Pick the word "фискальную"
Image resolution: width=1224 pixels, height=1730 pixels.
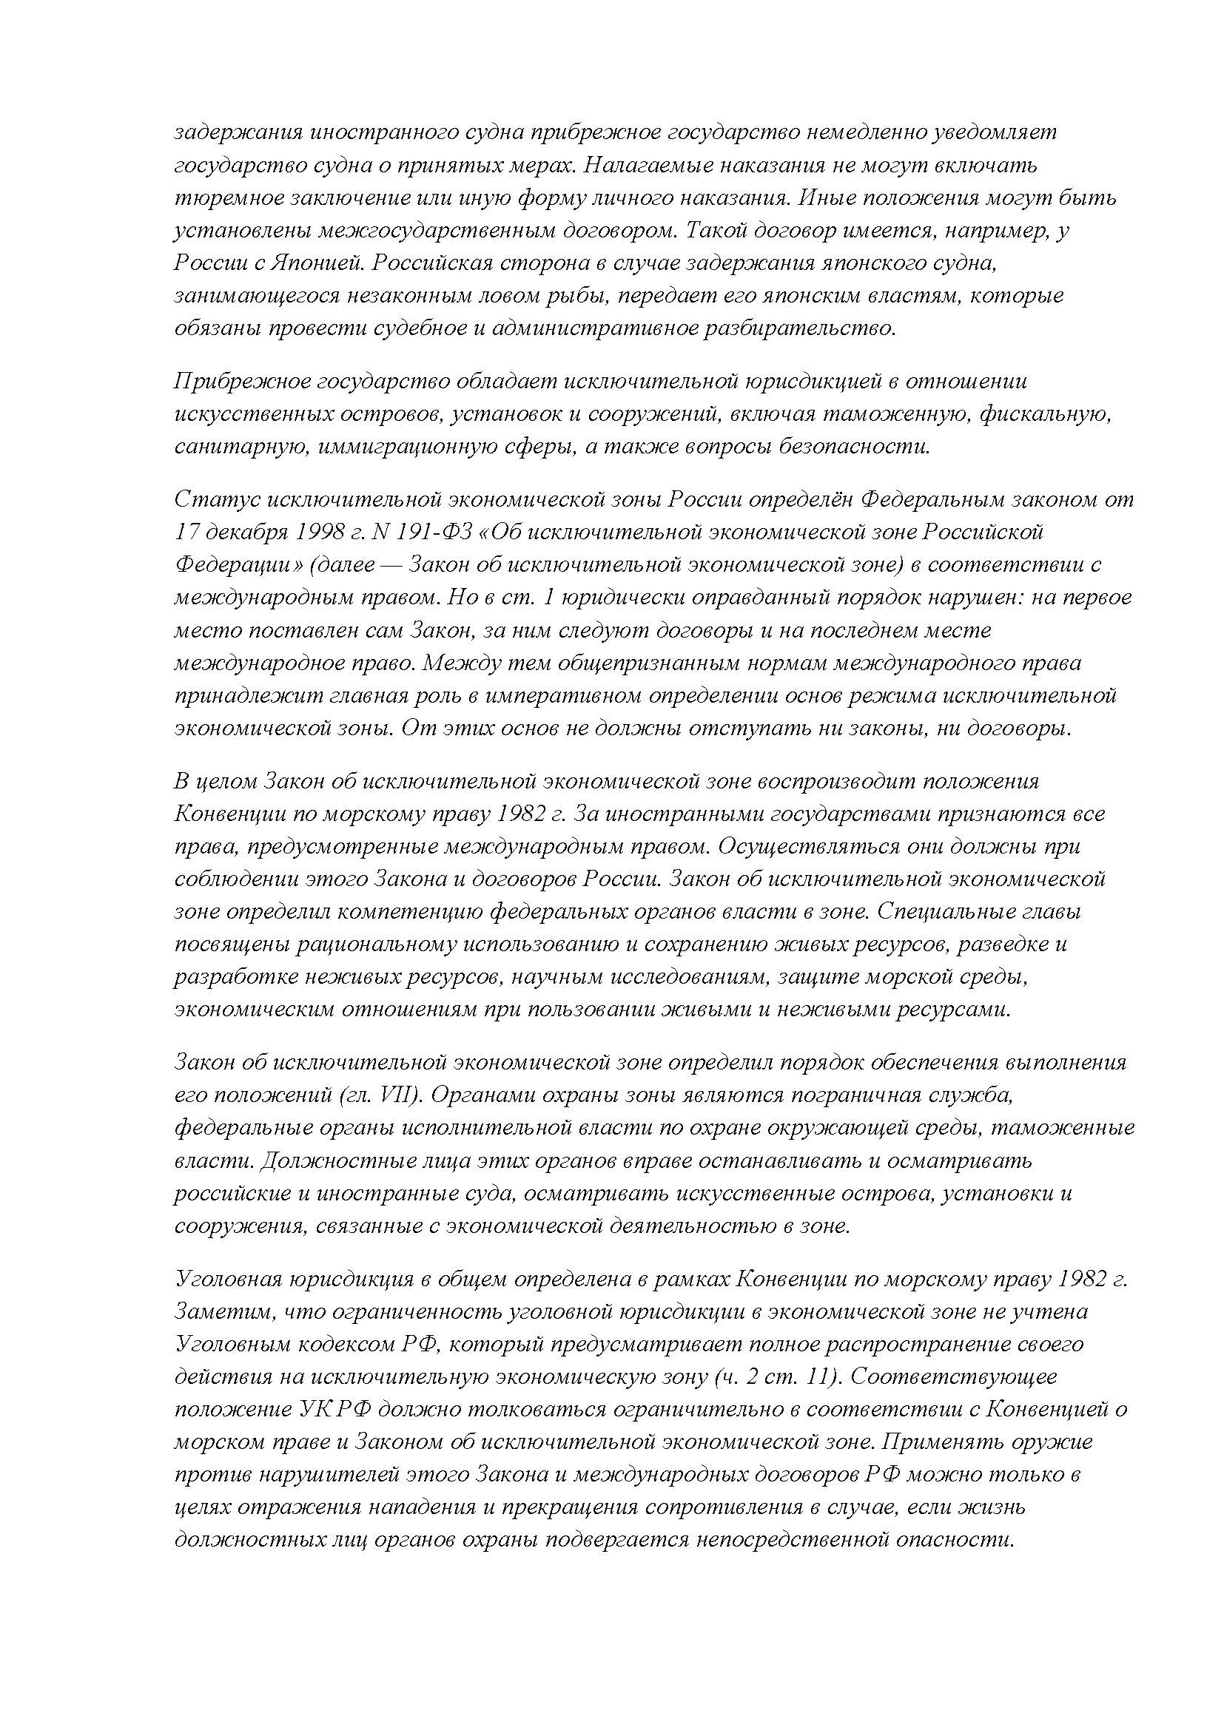pyautogui.click(x=1044, y=413)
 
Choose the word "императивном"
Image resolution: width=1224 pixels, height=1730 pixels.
pyautogui.click(x=566, y=695)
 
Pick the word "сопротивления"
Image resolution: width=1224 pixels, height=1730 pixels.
pyautogui.click(x=724, y=1508)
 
